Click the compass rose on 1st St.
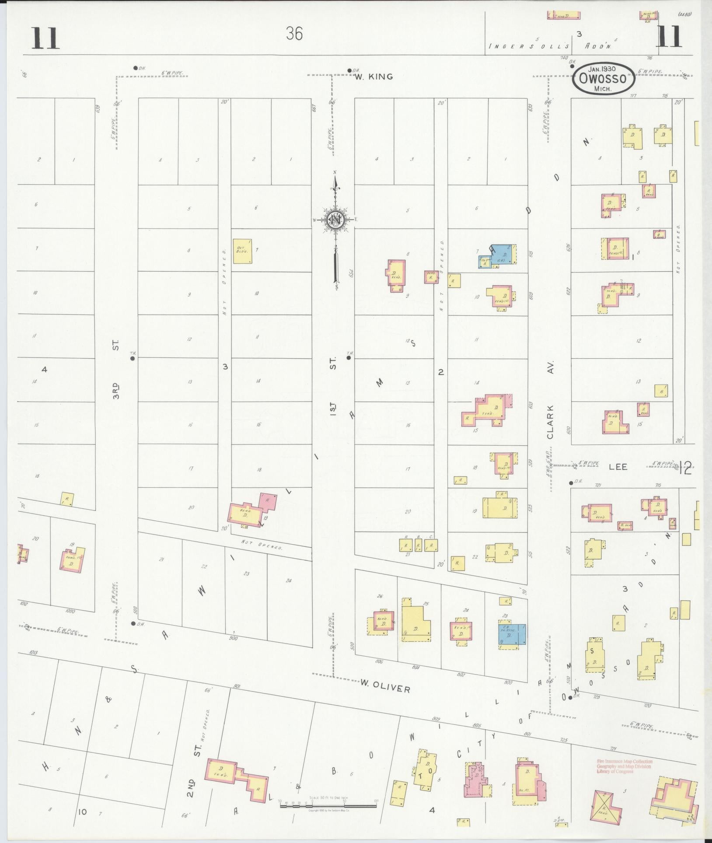point(335,220)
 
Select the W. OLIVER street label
point(385,688)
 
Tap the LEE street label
point(618,467)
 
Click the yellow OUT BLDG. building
point(242,251)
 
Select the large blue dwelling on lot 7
point(503,254)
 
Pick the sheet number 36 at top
point(294,33)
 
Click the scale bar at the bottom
point(328,805)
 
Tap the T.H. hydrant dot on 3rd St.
point(133,358)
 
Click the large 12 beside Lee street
point(685,469)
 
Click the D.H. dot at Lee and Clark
point(571,483)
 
